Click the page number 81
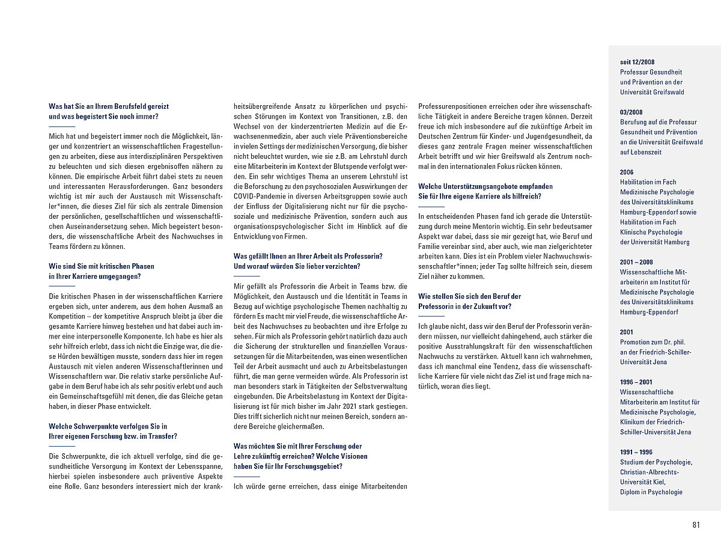[x=696, y=525]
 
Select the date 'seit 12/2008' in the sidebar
[x=637, y=62]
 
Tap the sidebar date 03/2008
[x=631, y=112]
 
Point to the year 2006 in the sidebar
[x=627, y=172]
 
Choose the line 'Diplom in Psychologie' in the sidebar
[x=651, y=492]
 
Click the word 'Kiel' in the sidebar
[x=657, y=482]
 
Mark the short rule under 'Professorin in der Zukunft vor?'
[x=431, y=316]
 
